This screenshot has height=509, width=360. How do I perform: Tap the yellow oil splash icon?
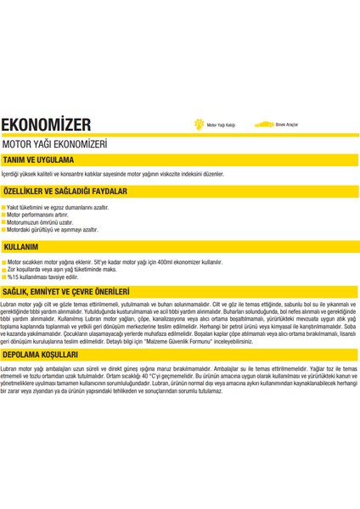[200, 124]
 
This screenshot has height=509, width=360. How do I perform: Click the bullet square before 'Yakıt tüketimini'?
[4, 206]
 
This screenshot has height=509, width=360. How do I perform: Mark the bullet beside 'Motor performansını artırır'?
[4, 214]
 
